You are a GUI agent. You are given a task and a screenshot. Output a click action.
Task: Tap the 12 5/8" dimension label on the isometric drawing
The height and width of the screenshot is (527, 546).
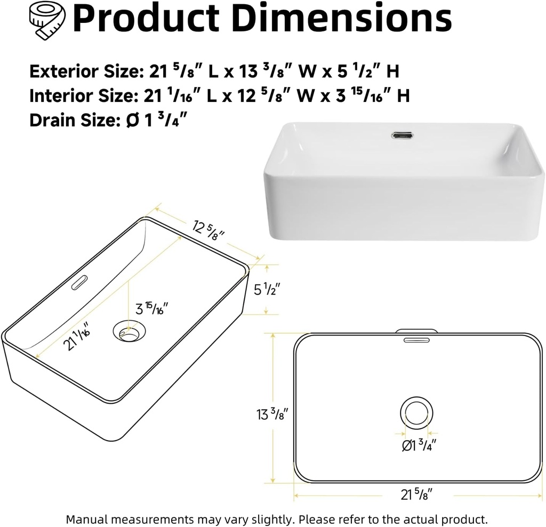pos(208,230)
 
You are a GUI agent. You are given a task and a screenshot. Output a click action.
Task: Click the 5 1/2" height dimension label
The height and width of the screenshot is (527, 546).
pos(267,290)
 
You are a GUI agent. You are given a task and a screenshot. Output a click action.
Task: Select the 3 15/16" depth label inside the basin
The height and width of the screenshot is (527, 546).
pos(152,308)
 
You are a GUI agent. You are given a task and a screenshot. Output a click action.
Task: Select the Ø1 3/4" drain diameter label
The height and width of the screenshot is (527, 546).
pos(419,444)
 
